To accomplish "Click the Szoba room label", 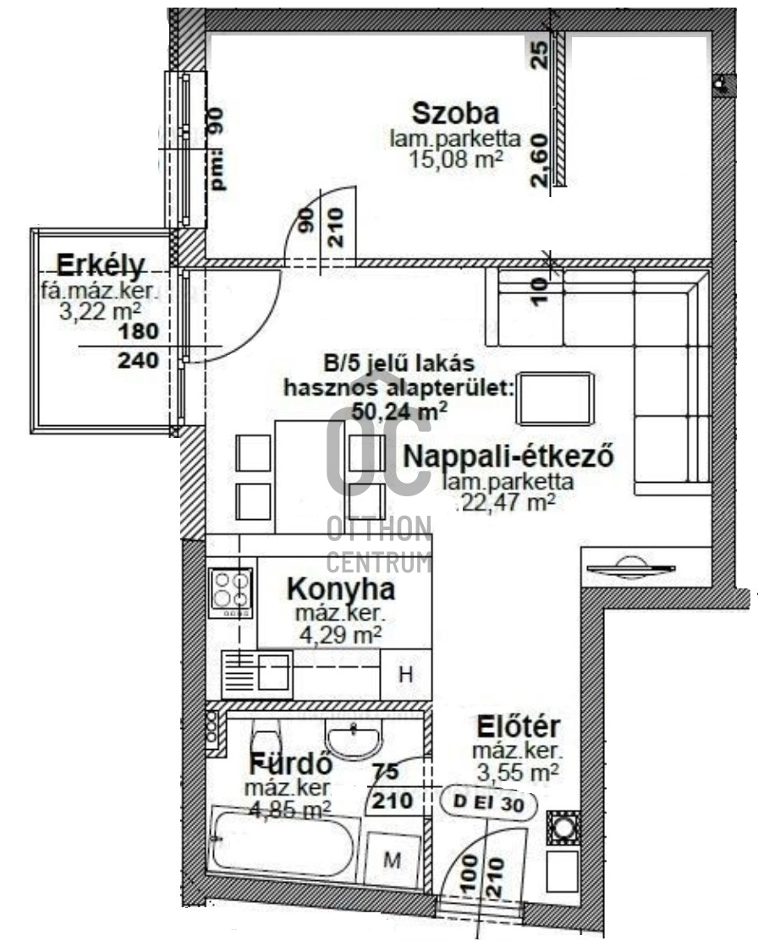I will (454, 112).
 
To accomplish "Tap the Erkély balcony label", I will (102, 265).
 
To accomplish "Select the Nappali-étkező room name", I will (508, 456).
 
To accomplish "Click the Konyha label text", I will (341, 588).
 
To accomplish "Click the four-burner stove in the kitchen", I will (231, 589).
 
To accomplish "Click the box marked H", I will (405, 675).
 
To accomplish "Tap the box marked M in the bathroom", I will (392, 861).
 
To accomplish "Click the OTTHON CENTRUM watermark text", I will (379, 544).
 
